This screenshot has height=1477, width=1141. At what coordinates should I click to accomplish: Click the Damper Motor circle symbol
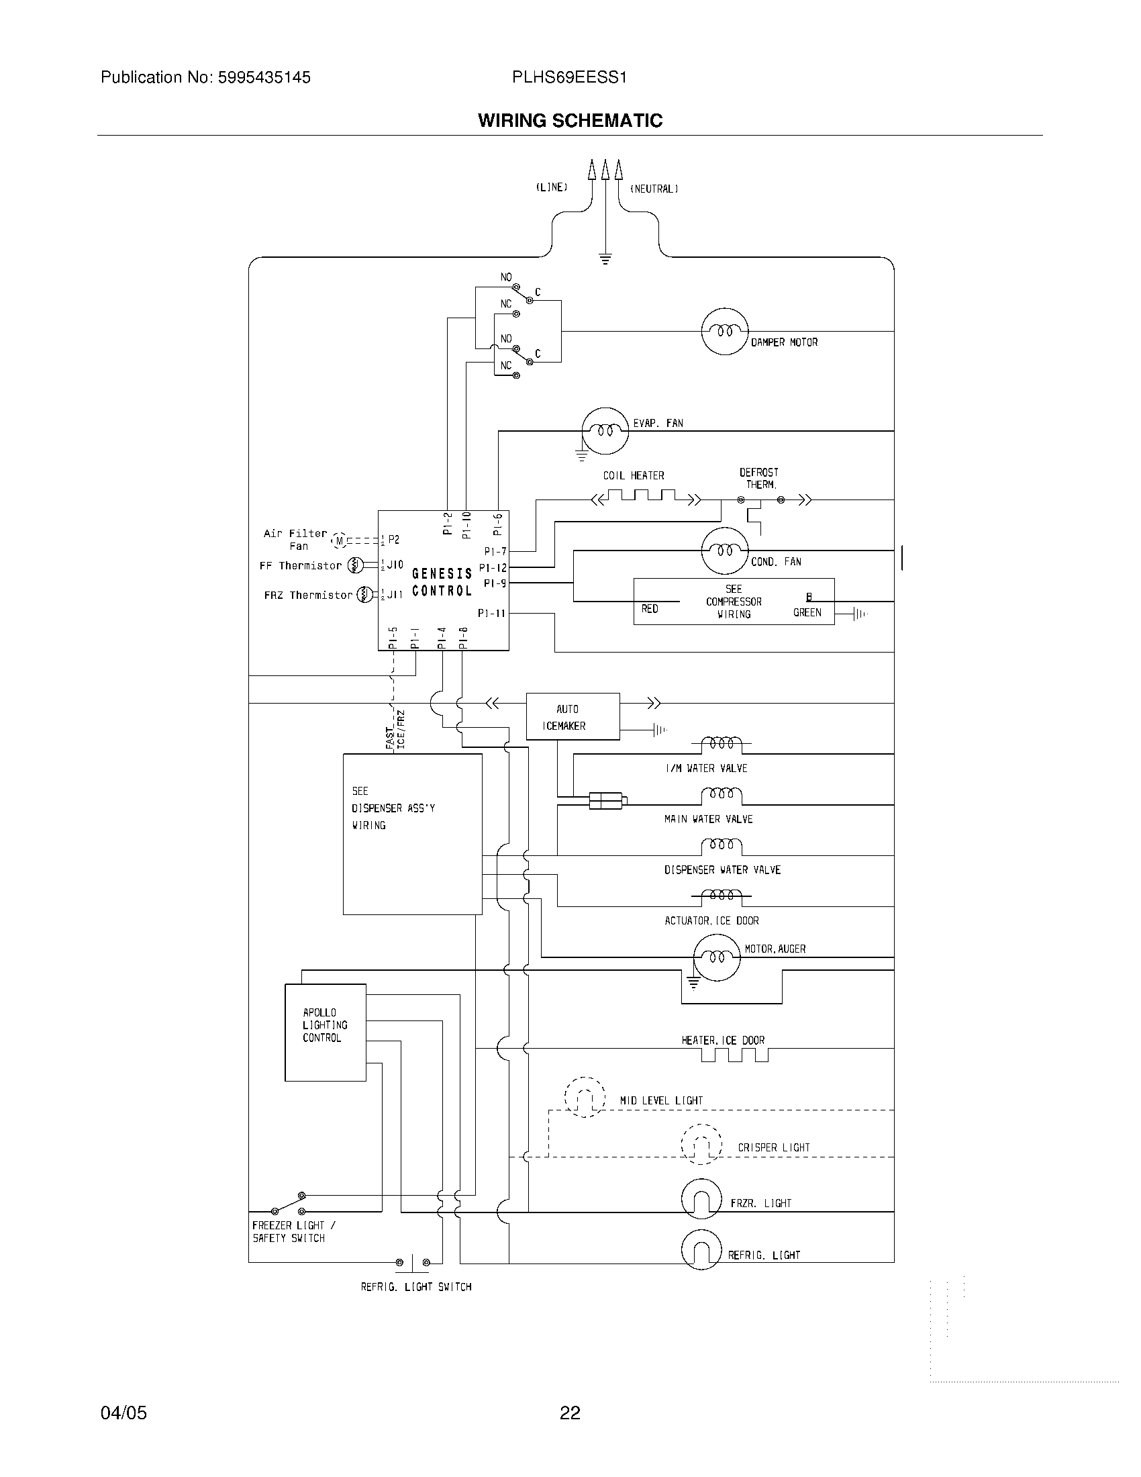[x=725, y=332]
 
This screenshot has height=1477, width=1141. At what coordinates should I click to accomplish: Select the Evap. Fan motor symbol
[x=605, y=431]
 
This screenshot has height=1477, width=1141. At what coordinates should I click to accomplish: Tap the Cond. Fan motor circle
[x=725, y=551]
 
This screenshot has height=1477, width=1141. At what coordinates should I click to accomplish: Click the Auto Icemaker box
[x=573, y=717]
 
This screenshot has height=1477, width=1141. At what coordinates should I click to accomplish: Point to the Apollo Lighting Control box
[x=325, y=1033]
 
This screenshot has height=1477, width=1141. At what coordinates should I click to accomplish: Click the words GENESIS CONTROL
[x=442, y=582]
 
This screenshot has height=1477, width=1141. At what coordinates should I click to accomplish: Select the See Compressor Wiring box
[x=734, y=602]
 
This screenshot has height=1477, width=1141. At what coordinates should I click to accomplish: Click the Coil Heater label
[x=634, y=476]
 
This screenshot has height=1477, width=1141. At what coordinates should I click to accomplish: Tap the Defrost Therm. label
[x=759, y=478]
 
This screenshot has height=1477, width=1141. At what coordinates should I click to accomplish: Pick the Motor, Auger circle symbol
[x=717, y=957]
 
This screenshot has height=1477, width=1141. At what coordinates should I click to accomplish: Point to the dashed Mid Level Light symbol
[x=584, y=1097]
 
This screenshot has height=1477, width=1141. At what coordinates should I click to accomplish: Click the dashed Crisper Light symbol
[x=701, y=1144]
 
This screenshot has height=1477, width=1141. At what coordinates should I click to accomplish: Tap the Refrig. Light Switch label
[x=415, y=1287]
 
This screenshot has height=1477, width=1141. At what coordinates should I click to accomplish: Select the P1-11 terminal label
[x=491, y=614]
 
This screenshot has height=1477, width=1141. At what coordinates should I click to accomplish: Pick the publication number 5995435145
[x=264, y=78]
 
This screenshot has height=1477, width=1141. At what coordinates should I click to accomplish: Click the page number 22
[x=570, y=1413]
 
